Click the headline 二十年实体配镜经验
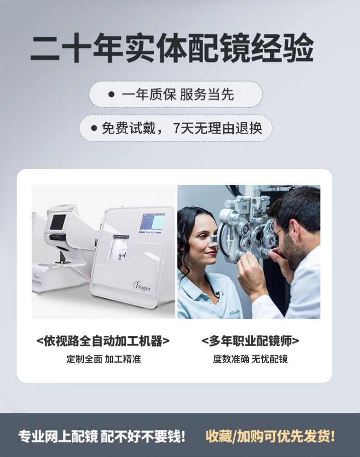click(172, 48)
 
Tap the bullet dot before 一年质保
click(111, 94)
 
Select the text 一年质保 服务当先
click(178, 94)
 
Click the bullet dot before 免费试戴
click(94, 128)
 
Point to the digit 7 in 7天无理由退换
click(177, 128)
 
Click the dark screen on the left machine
click(58, 222)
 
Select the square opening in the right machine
click(119, 247)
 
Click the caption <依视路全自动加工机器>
click(103, 341)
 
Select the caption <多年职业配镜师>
click(250, 341)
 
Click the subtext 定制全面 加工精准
click(103, 359)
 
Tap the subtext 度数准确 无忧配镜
click(250, 359)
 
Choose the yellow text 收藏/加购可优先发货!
click(270, 436)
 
